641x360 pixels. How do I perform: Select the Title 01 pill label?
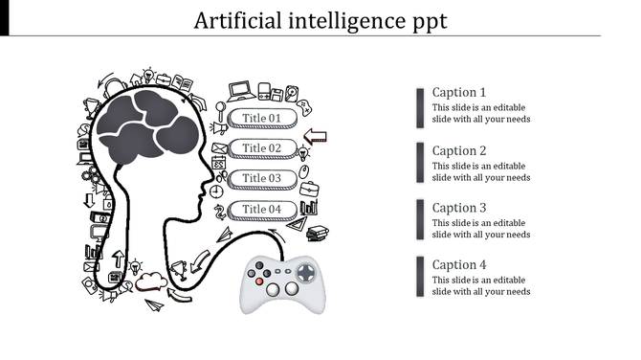click(x=262, y=118)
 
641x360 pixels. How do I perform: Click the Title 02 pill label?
click(x=262, y=148)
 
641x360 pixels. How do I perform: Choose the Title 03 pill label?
click(x=262, y=178)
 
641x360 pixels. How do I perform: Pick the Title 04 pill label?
click(x=262, y=209)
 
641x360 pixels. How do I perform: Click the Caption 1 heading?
click(x=459, y=93)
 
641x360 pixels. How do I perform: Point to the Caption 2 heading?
click(x=459, y=150)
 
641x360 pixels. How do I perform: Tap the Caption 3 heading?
click(x=459, y=208)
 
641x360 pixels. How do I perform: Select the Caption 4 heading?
click(x=459, y=265)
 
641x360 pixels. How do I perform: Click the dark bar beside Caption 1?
click(x=420, y=107)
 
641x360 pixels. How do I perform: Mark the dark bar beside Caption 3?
click(x=420, y=220)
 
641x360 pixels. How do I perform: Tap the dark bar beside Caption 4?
click(x=420, y=277)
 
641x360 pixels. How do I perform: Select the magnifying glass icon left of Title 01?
click(x=220, y=105)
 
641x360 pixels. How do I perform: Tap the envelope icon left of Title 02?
click(x=219, y=147)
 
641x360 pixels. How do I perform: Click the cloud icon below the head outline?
click(x=148, y=281)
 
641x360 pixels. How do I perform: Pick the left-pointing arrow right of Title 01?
click(x=315, y=136)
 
